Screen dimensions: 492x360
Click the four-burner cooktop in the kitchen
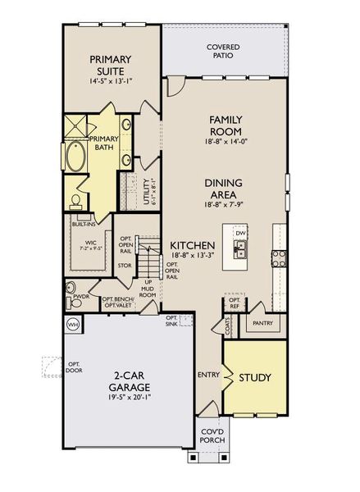point(278,259)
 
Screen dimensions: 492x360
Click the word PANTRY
point(262,323)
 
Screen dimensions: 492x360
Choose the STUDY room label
point(254,378)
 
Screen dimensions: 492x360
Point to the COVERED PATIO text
point(223,51)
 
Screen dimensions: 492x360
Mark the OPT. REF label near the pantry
point(211,303)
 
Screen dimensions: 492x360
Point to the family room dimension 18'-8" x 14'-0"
point(223,140)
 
